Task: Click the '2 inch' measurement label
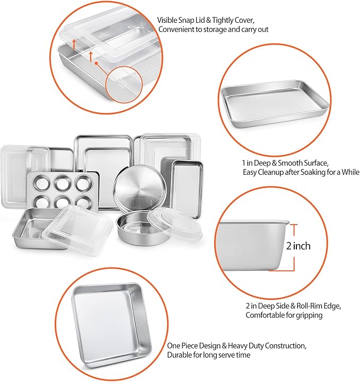[x=298, y=246]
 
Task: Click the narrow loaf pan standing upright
[x=187, y=189]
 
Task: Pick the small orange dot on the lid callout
[x=96, y=63]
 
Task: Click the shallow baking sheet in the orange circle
[x=275, y=103]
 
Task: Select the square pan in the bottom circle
[x=111, y=326]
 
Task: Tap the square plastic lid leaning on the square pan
[x=77, y=229]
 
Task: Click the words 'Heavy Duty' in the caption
[x=245, y=345]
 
